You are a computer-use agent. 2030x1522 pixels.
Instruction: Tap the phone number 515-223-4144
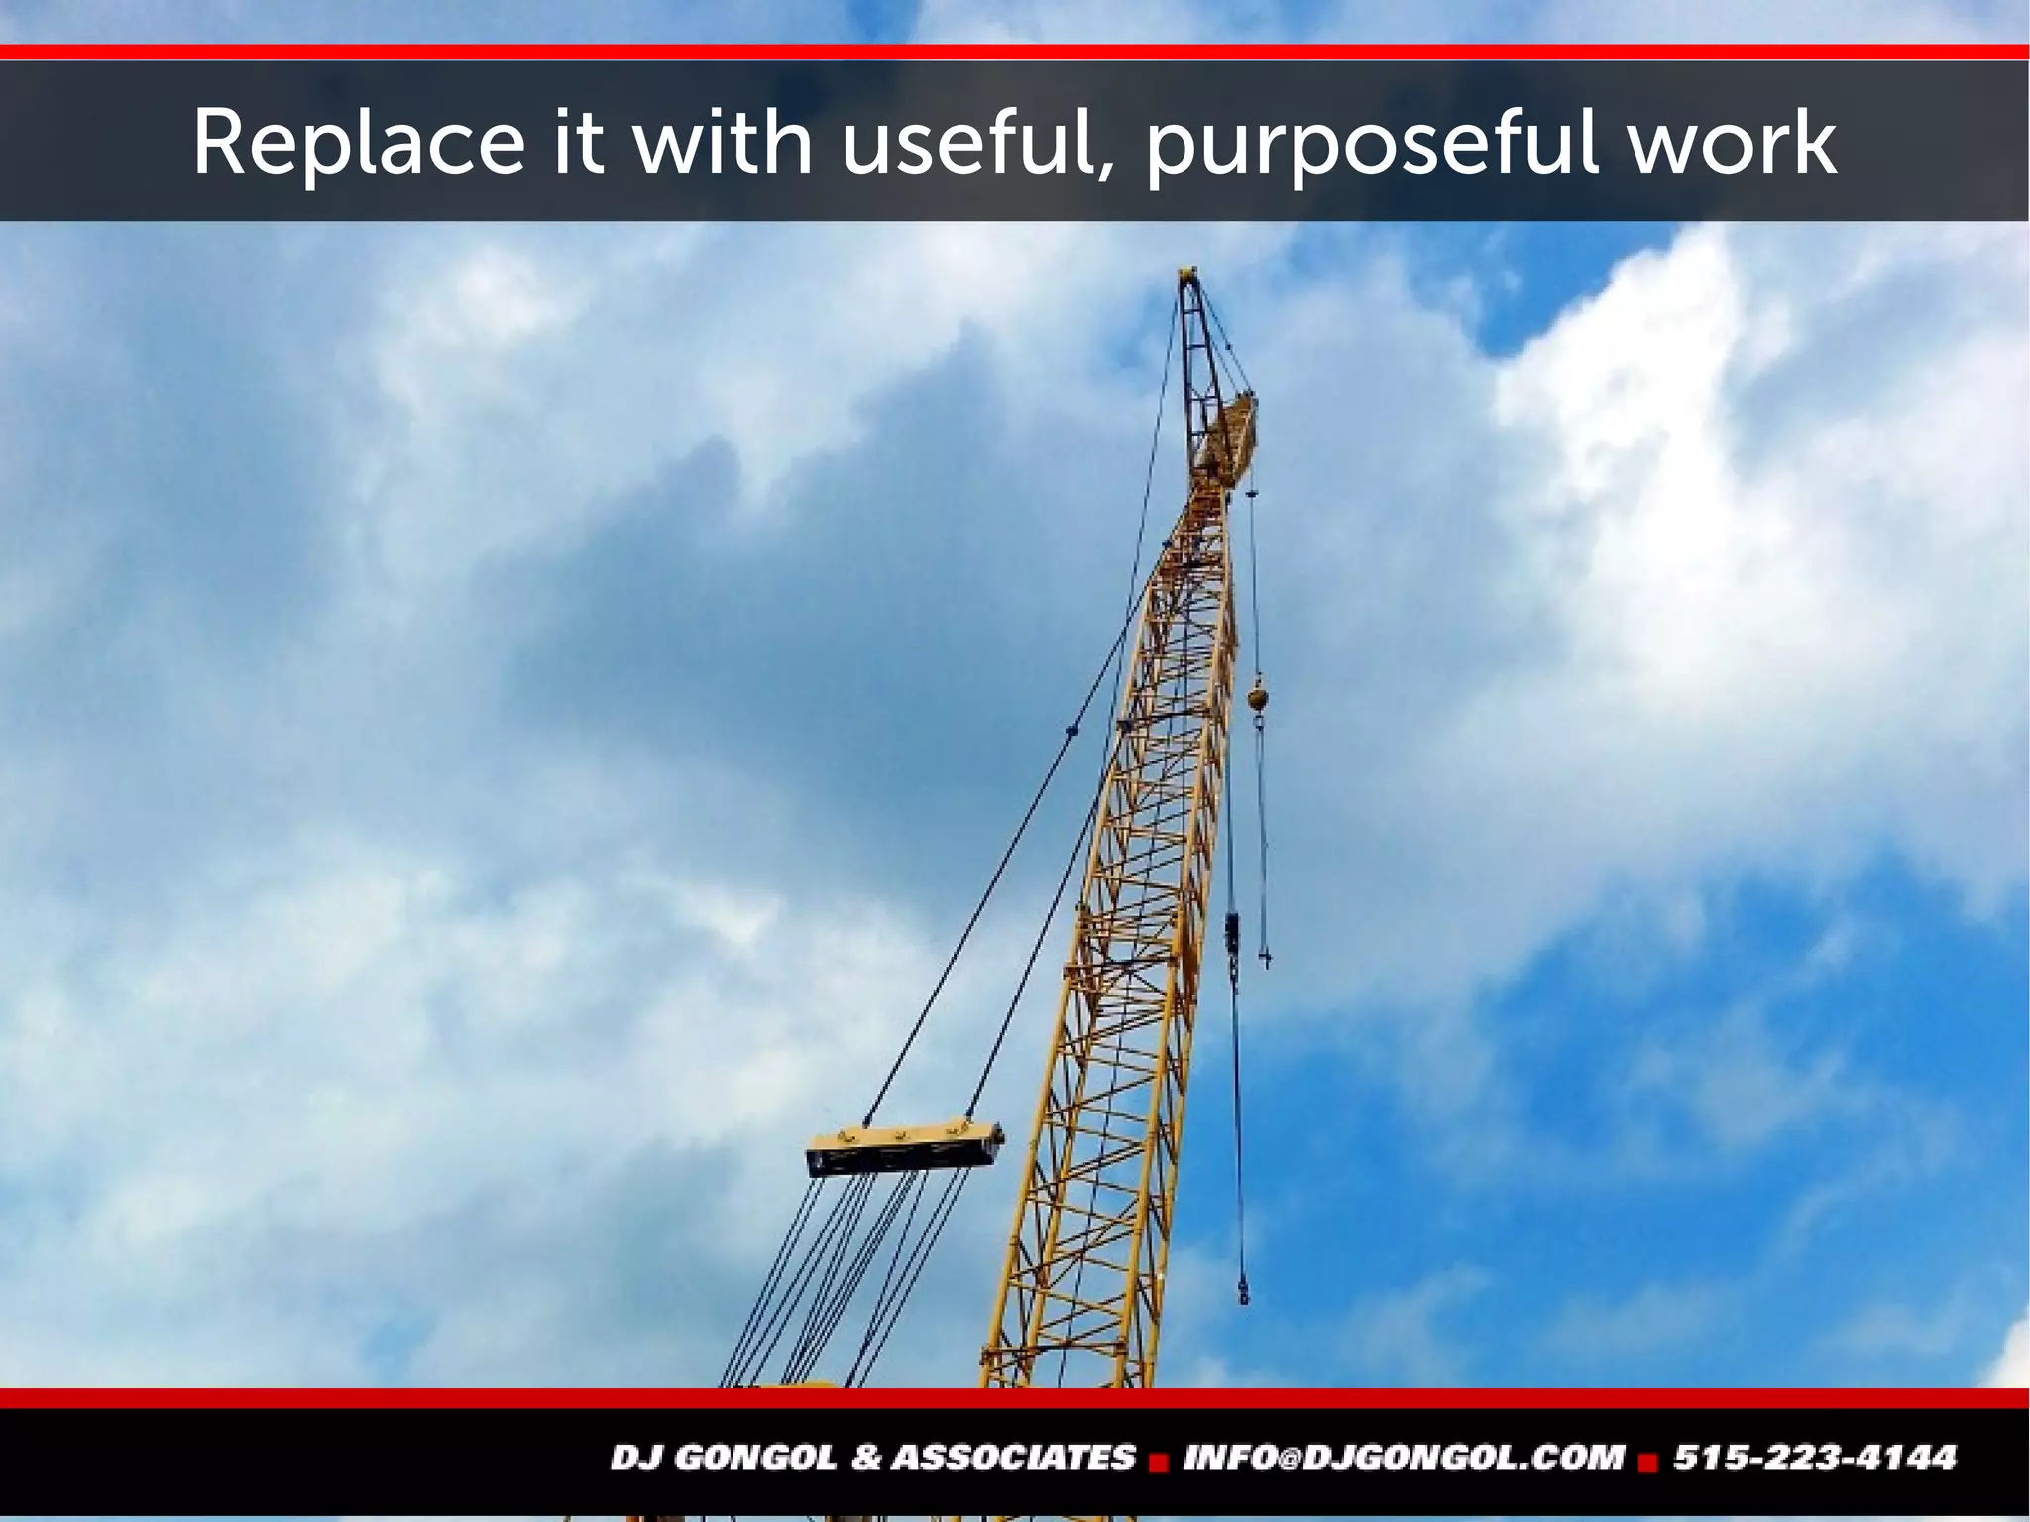point(1814,1458)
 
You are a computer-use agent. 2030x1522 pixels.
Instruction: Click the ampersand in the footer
point(867,1458)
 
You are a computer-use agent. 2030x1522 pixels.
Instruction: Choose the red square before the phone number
point(1648,1462)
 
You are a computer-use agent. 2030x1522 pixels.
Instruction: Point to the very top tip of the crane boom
point(1187,273)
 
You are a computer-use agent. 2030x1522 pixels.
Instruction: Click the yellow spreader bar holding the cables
point(904,1147)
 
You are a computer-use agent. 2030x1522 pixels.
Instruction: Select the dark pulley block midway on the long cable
point(1232,932)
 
